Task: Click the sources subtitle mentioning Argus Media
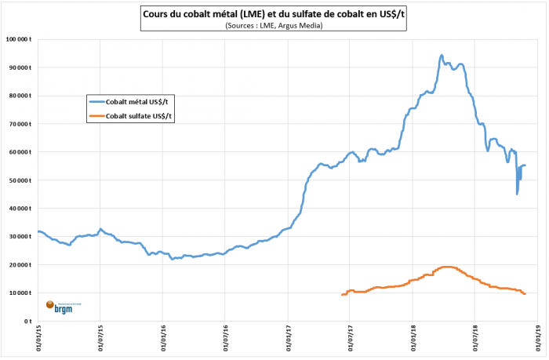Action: click(273, 26)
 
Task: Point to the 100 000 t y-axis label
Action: click(17, 39)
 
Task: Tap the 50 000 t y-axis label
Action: click(19, 180)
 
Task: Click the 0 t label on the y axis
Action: click(27, 321)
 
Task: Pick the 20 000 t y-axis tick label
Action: click(19, 265)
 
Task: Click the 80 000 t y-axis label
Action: click(19, 96)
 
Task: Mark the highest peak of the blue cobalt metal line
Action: click(442, 56)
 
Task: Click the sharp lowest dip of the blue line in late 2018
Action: click(517, 194)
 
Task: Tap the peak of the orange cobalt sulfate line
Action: click(447, 267)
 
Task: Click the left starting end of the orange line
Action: click(342, 294)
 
